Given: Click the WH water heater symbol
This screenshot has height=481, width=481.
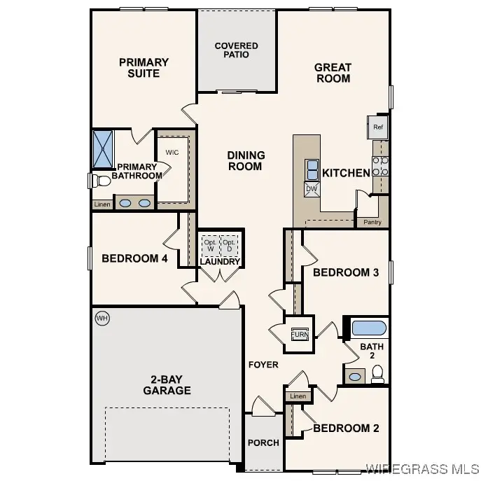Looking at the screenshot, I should (x=102, y=319).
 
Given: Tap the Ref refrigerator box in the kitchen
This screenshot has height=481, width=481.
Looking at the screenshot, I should (x=378, y=127).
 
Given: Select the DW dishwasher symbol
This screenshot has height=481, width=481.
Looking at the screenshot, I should (x=312, y=188).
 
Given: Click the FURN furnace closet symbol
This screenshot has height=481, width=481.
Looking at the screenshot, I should (x=300, y=334).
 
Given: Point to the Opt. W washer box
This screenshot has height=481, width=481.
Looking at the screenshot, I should (x=210, y=245).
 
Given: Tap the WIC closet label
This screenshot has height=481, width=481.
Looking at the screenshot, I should (x=172, y=152).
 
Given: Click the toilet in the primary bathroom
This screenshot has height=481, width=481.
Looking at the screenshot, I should (x=99, y=181).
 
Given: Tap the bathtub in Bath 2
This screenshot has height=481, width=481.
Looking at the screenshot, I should (x=368, y=328).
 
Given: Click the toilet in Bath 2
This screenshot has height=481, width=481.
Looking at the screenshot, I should (x=377, y=375).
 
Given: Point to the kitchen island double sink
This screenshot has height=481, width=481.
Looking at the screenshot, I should (x=312, y=169).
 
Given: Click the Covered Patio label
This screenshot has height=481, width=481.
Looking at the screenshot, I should (x=236, y=50).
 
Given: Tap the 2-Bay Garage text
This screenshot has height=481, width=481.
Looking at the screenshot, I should (x=167, y=384).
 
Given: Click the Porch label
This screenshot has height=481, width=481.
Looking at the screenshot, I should (x=263, y=442).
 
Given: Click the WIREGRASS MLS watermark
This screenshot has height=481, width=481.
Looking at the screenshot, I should (x=422, y=468).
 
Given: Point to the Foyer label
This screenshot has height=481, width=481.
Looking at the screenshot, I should (x=263, y=364).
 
